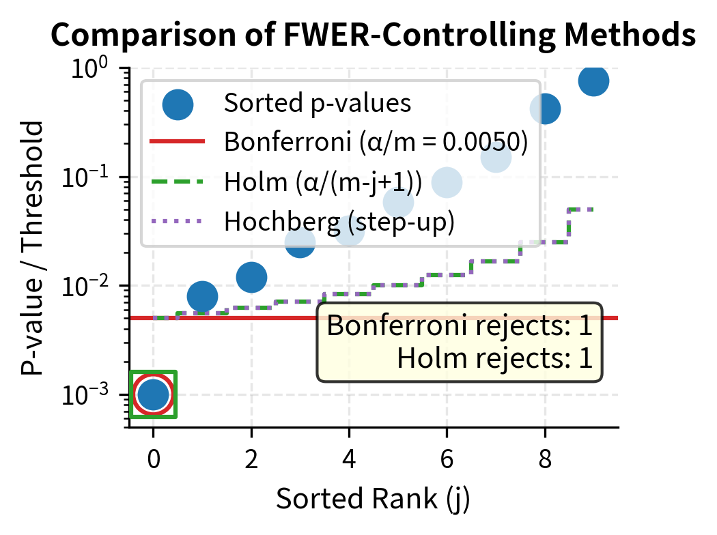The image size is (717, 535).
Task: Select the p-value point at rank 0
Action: [x=154, y=394]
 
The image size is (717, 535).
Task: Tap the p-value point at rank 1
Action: [x=202, y=297]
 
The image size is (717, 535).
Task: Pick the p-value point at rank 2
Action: [x=251, y=277]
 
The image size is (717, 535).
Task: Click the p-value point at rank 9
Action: [x=593, y=81]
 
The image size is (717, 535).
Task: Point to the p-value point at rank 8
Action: [x=545, y=109]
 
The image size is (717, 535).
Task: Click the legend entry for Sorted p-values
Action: [x=317, y=104]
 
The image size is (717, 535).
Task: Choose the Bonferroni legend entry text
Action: [x=376, y=143]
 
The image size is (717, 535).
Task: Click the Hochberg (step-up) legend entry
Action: [x=339, y=222]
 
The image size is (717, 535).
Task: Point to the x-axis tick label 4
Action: [x=349, y=461]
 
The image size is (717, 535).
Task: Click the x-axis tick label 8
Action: [x=545, y=461]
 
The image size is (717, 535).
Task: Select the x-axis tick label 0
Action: [x=154, y=461]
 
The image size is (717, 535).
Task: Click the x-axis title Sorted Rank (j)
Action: [x=373, y=500]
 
